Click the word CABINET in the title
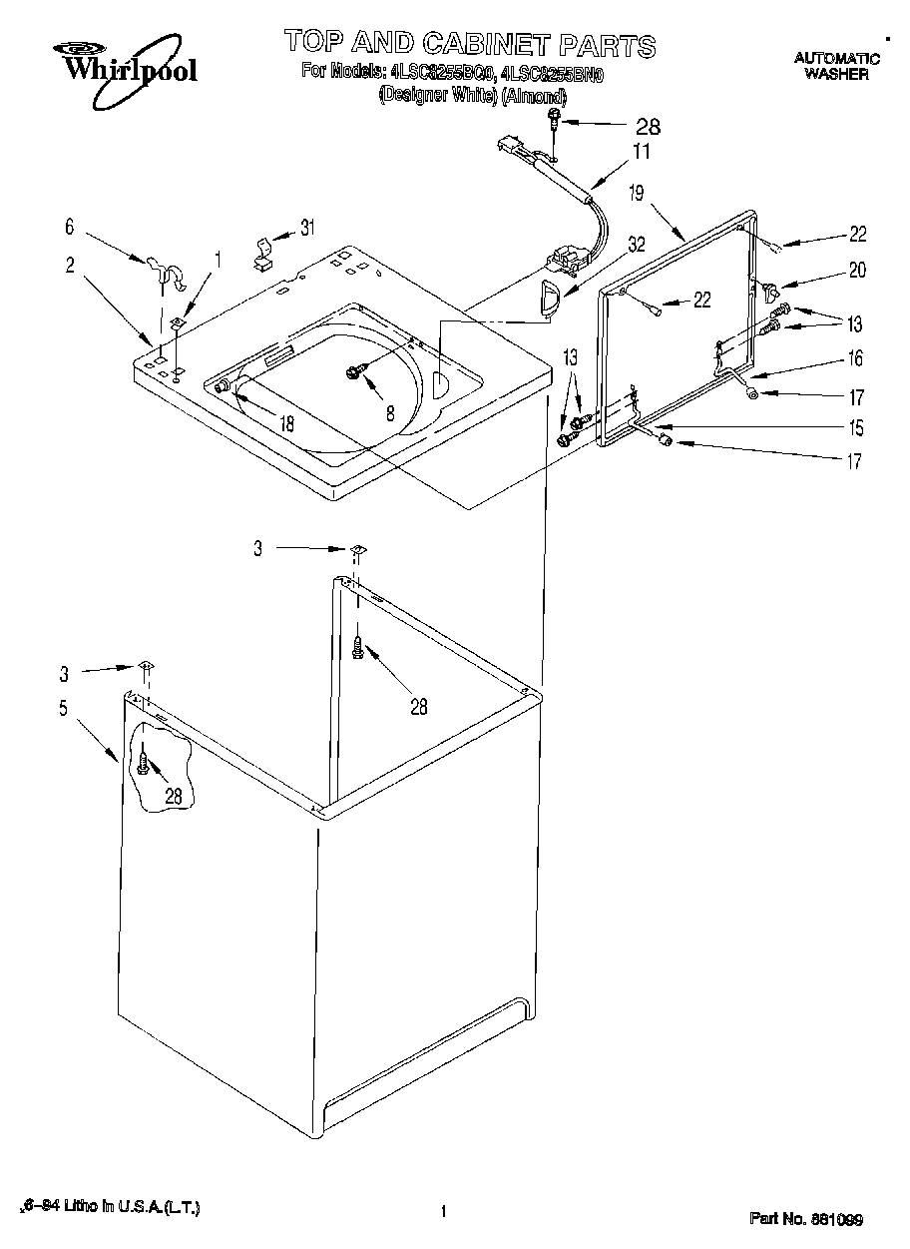(x=474, y=44)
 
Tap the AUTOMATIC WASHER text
(x=836, y=66)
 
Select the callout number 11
(x=640, y=153)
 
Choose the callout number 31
(x=307, y=227)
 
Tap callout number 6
(x=70, y=228)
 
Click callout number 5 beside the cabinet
(x=63, y=709)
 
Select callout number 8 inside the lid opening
(x=390, y=411)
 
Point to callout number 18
(x=286, y=423)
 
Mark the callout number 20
(x=857, y=270)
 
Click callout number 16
(x=855, y=358)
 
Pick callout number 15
(x=855, y=429)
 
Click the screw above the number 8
(x=354, y=371)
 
